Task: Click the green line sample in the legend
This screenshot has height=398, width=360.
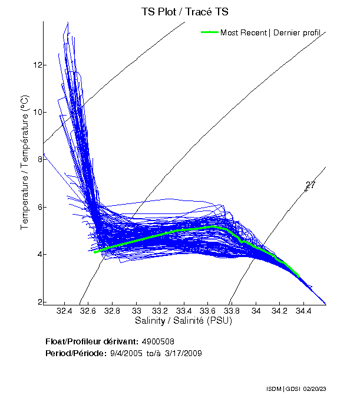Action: pos(210,32)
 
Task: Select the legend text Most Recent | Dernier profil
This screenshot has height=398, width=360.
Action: pos(270,32)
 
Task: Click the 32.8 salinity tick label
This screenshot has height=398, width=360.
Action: pos(113,310)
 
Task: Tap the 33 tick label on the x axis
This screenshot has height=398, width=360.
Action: pos(137,310)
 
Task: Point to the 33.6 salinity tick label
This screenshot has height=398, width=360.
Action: pos(208,310)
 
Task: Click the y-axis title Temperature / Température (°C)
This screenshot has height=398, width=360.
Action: pos(25,162)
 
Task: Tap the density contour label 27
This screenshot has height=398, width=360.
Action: pos(311,185)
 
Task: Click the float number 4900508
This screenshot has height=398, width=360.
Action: pos(158,341)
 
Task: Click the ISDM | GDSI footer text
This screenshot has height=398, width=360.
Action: pos(282,389)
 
